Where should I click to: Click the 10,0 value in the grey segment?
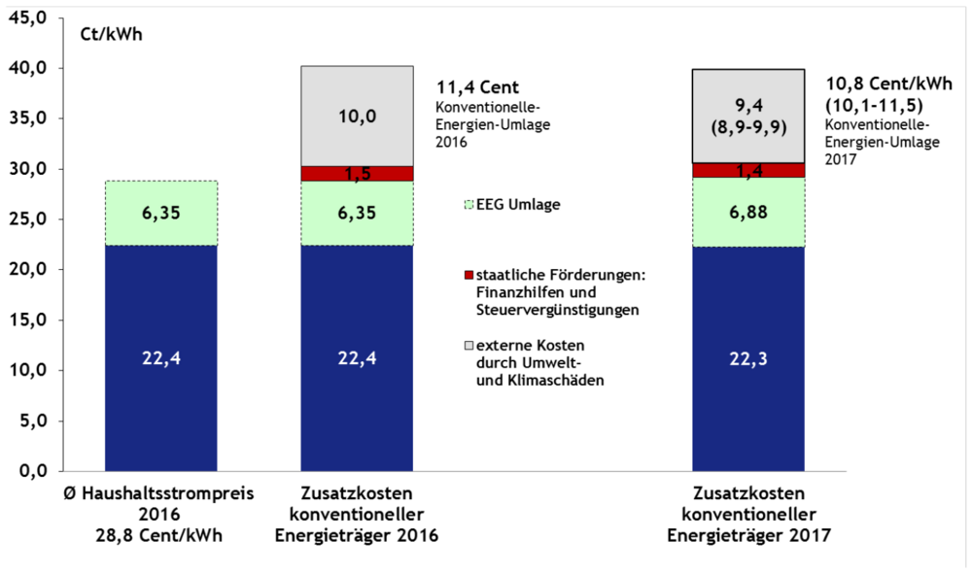coord(357,118)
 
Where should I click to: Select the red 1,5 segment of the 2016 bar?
coord(357,174)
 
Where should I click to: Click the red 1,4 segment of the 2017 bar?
coord(747,170)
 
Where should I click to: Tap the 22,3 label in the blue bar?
coord(747,358)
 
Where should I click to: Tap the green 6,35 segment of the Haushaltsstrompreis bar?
coord(161,213)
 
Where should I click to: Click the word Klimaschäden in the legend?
coord(559,380)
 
